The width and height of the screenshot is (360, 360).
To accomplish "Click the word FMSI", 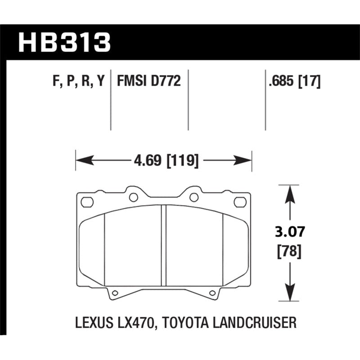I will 130,82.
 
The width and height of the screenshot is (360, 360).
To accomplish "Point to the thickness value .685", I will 279,82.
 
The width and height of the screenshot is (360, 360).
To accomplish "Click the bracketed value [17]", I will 310,82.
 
